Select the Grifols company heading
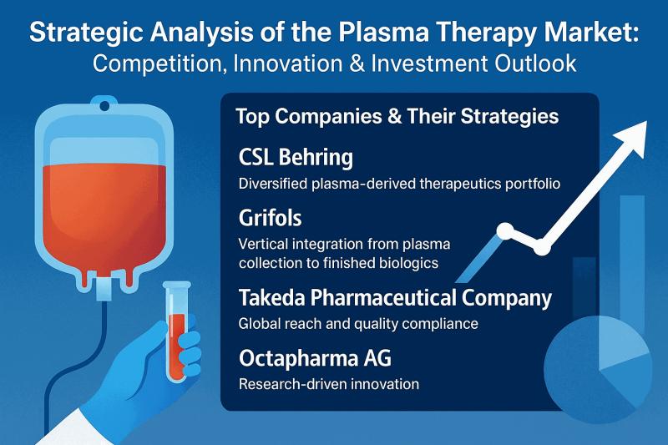click(271, 219)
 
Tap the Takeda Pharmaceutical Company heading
click(394, 297)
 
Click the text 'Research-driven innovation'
click(328, 384)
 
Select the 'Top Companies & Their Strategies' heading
click(397, 116)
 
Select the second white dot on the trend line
click(541, 247)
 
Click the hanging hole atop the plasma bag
click(104, 104)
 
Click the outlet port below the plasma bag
click(104, 288)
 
